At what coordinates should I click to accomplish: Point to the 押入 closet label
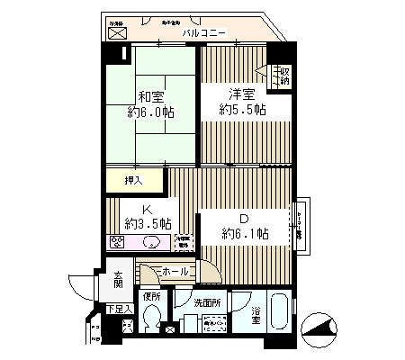[133, 180]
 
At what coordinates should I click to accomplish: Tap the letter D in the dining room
[242, 218]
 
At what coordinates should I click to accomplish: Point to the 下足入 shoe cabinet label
[119, 309]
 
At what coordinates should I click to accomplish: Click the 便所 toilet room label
[151, 296]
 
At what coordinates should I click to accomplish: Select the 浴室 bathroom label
[257, 315]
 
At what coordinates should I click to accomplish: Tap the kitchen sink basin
[151, 241]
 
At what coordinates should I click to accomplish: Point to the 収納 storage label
[284, 76]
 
